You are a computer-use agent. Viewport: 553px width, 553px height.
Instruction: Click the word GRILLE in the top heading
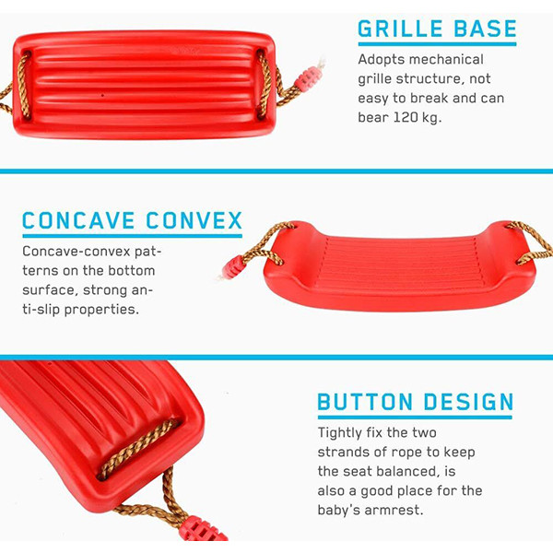click(400, 29)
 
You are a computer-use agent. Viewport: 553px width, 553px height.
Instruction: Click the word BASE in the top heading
click(486, 29)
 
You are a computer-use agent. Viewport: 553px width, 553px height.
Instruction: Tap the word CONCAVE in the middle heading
click(78, 221)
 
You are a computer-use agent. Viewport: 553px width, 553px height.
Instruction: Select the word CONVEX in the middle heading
click(194, 221)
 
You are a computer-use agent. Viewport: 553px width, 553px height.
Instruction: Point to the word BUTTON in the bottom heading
click(365, 402)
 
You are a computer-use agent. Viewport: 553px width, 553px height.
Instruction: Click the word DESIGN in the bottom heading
click(468, 402)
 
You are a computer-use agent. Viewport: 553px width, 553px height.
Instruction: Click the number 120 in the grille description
click(406, 117)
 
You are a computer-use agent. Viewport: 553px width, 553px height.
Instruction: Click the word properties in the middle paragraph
click(101, 310)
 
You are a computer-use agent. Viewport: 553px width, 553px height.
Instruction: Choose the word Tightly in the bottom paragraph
click(339, 433)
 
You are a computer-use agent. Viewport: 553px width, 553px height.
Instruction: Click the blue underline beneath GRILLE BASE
click(437, 44)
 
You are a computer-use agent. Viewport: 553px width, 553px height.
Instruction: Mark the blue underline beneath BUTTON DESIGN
click(415, 418)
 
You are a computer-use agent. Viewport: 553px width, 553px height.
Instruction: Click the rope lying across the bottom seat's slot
click(138, 449)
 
